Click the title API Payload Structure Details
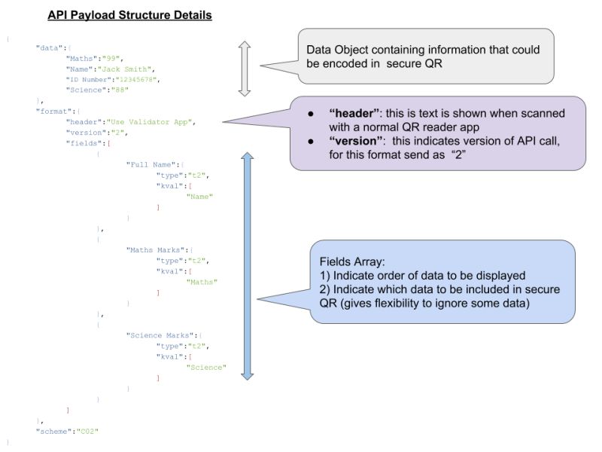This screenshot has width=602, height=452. point(129,15)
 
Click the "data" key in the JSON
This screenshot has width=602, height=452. point(49,47)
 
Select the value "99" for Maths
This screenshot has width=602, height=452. point(123,57)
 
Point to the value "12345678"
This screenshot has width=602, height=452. point(140,79)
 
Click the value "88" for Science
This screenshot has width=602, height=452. point(120,90)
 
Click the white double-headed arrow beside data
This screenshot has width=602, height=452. point(244,69)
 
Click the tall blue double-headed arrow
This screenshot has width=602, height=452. point(248,265)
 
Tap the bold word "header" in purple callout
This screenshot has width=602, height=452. point(354,112)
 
